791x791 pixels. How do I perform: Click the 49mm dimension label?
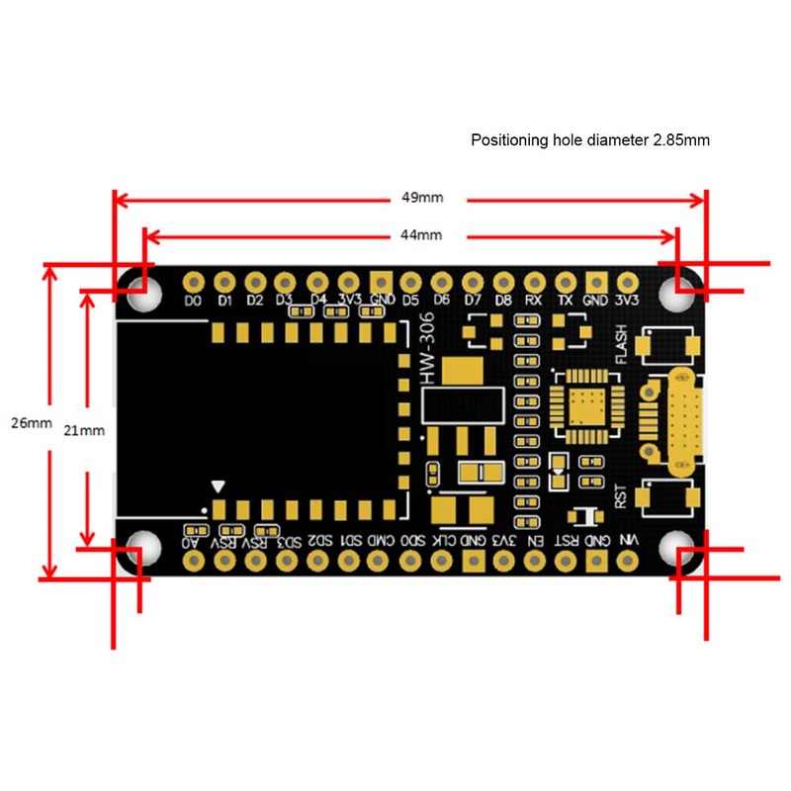(x=422, y=198)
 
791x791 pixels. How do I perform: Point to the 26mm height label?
(x=31, y=423)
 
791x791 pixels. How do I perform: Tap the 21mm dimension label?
(x=85, y=430)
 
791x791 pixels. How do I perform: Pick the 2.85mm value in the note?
(x=681, y=140)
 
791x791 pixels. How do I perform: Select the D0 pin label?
(x=194, y=300)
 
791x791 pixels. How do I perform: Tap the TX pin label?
(x=565, y=300)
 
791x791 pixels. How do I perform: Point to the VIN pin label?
(x=626, y=541)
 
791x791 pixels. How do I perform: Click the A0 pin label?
(x=191, y=541)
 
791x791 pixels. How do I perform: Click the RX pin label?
(x=533, y=300)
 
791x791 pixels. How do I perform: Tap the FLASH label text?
(x=621, y=347)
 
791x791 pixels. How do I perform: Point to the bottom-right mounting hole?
(x=682, y=550)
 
